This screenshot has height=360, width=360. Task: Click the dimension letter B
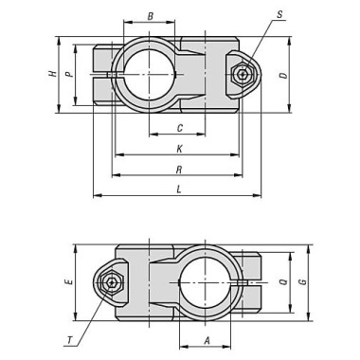[x=150, y=17]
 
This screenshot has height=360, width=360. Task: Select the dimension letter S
[x=281, y=16]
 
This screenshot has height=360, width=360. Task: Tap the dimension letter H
[x=53, y=74]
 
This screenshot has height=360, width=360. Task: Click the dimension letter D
[x=283, y=74]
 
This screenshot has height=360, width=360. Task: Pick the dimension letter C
[x=178, y=128]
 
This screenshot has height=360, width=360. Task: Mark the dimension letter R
[x=179, y=170]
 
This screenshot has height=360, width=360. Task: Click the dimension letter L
[x=179, y=189]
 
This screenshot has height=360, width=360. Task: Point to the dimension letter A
[x=206, y=338]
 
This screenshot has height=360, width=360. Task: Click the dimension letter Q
[x=283, y=281]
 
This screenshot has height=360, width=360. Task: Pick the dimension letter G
[x=302, y=281]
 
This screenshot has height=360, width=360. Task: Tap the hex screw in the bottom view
[x=113, y=282]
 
